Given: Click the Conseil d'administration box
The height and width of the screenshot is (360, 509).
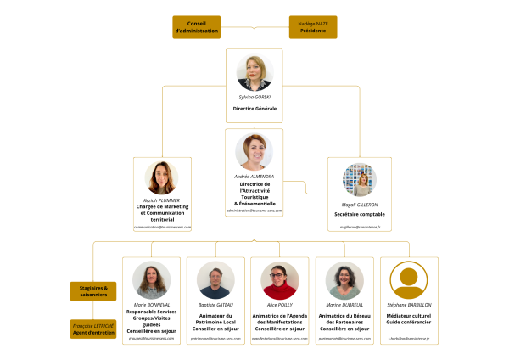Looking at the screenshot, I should tap(197, 27).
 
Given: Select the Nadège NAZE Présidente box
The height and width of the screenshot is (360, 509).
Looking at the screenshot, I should tap(313, 27).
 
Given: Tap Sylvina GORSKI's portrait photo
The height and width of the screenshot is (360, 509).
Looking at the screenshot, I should tap(255, 73).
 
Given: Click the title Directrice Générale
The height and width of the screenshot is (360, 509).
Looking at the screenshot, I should tap(255, 110).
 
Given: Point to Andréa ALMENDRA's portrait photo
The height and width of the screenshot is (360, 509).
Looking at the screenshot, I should tap(255, 152).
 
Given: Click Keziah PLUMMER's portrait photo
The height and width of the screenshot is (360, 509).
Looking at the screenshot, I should tap(162, 178).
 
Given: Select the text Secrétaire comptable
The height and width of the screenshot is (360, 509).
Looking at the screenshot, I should tap(361, 215).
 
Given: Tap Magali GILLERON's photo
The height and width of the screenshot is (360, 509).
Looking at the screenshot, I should tap(360, 180).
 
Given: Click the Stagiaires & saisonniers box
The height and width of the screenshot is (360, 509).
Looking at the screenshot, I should tap(93, 291).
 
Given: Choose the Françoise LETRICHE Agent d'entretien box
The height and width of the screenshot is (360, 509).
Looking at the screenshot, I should tap(93, 329).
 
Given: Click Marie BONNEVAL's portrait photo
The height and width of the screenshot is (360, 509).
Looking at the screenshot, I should tap(152, 280).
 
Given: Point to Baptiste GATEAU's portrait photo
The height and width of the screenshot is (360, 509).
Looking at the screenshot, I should tap(216, 280).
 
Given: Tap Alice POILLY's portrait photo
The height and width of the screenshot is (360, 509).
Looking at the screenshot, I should tap(280, 280).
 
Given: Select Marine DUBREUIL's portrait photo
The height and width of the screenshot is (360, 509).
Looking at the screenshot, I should tap(344, 280).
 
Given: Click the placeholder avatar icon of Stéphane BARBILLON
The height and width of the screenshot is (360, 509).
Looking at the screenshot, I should tap(409, 280).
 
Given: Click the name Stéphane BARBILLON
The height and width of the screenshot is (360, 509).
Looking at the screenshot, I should tap(409, 305).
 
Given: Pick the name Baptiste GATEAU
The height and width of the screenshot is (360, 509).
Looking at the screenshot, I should tap(216, 305).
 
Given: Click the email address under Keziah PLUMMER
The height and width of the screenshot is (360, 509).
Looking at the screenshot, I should tap(162, 228).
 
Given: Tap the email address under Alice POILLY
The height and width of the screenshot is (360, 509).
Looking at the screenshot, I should tap(280, 339).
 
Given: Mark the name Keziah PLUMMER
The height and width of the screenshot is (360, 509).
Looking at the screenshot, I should tap(162, 200).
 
